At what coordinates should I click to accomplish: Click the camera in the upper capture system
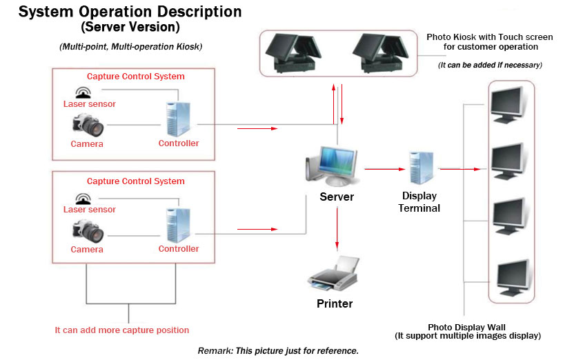tap(87, 126)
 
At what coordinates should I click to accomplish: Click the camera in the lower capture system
tap(87, 230)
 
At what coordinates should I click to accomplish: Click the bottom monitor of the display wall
tap(511, 277)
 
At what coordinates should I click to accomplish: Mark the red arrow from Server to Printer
tap(337, 228)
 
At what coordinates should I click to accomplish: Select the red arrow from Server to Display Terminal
tap(385, 168)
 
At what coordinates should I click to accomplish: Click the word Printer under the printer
tap(335, 303)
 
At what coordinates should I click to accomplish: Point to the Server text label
tap(337, 197)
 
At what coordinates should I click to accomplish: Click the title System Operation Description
tap(130, 12)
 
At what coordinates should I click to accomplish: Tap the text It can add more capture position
tap(121, 330)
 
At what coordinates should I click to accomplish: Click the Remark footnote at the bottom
tap(278, 351)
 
